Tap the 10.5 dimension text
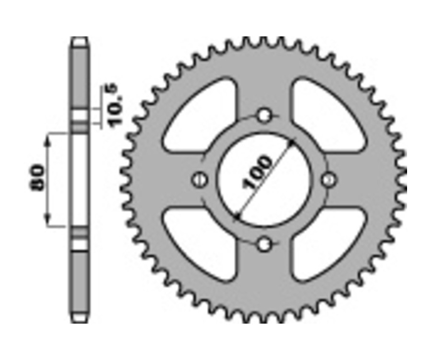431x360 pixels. tap(115, 104)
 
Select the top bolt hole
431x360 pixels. tap(264, 115)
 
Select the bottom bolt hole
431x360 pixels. tap(264, 245)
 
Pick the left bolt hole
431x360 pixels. tap(199, 180)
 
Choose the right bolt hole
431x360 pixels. tap(329, 180)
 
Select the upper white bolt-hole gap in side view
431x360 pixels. tap(79, 115)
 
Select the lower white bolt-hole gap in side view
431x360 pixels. tap(79, 244)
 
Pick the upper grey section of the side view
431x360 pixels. tap(79, 77)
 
